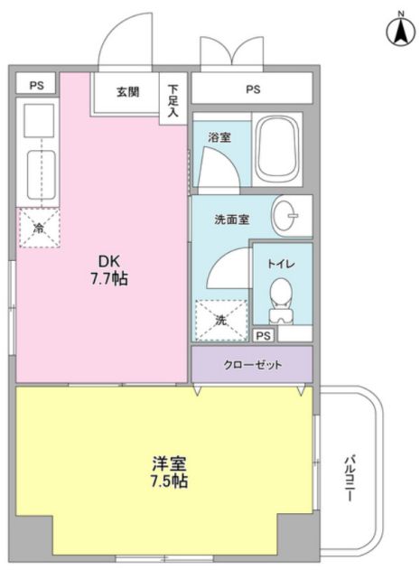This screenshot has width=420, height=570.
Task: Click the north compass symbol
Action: coord(400,30)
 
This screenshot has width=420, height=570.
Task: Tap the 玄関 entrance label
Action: coord(127,91)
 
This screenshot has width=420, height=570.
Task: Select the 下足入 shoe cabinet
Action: coord(173,98)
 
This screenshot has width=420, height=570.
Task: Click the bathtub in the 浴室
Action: coord(278,149)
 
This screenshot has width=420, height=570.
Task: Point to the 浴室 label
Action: coord(219,138)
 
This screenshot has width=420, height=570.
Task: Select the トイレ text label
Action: coord(281,264)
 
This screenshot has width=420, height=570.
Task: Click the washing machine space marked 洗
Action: coord(221,321)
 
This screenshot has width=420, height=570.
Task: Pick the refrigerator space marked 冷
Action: coord(39,228)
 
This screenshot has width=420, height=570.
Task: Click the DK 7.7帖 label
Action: coord(108,270)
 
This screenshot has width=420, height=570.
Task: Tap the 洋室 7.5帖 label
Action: coord(169,472)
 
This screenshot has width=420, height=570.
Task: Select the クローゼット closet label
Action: coord(252,365)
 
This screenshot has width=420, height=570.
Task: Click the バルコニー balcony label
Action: coord(350,479)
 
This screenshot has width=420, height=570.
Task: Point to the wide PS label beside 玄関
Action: coord(253,89)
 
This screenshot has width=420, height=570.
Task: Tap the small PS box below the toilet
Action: coord(264,335)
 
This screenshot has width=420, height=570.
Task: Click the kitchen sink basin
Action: coord(41,175)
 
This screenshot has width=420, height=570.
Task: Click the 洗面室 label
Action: coord(231,220)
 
